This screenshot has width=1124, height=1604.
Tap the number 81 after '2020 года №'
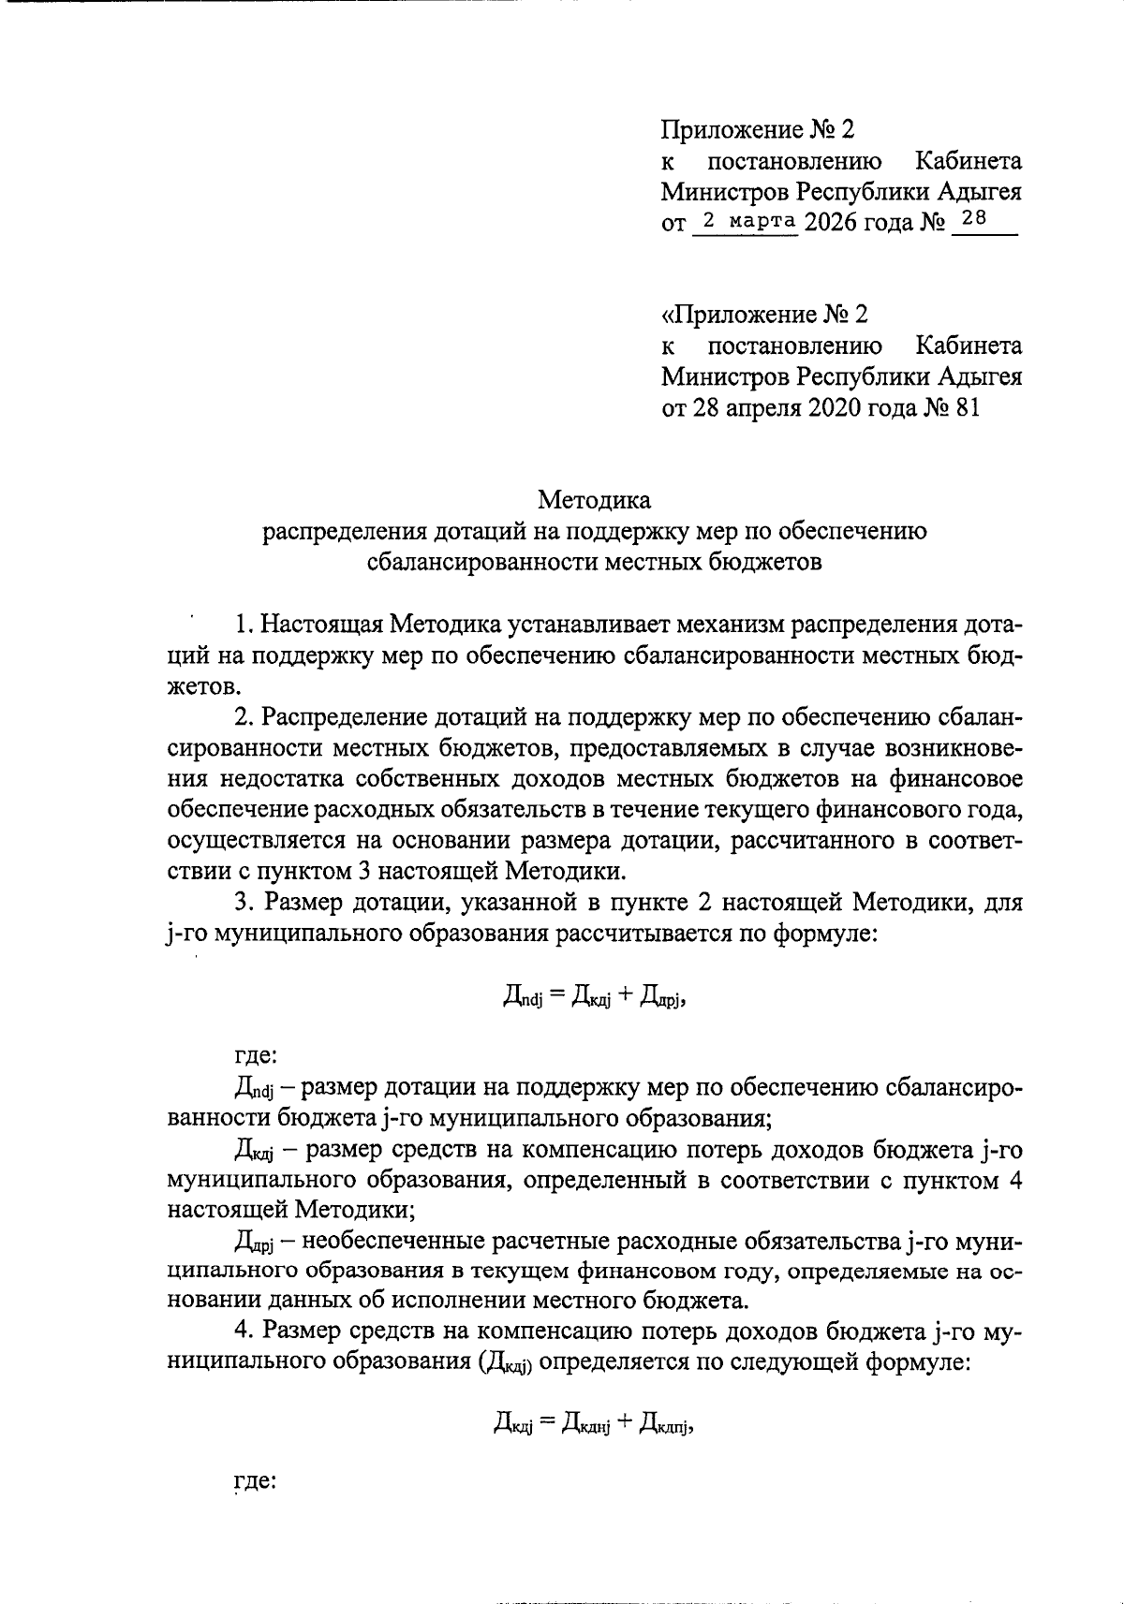pos(969,408)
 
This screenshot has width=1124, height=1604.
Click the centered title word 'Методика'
pos(594,500)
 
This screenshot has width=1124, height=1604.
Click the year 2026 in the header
pos(831,224)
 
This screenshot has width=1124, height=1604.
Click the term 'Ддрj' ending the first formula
pos(664,1000)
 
